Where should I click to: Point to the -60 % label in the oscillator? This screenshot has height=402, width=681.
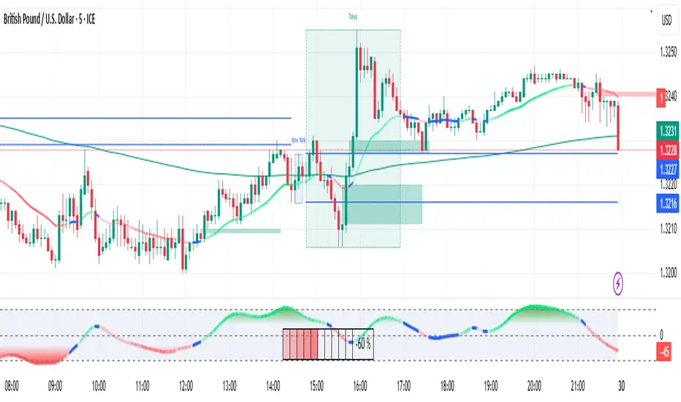364,344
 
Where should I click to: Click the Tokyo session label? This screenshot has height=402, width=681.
353,16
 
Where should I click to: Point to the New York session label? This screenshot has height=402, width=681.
298,139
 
